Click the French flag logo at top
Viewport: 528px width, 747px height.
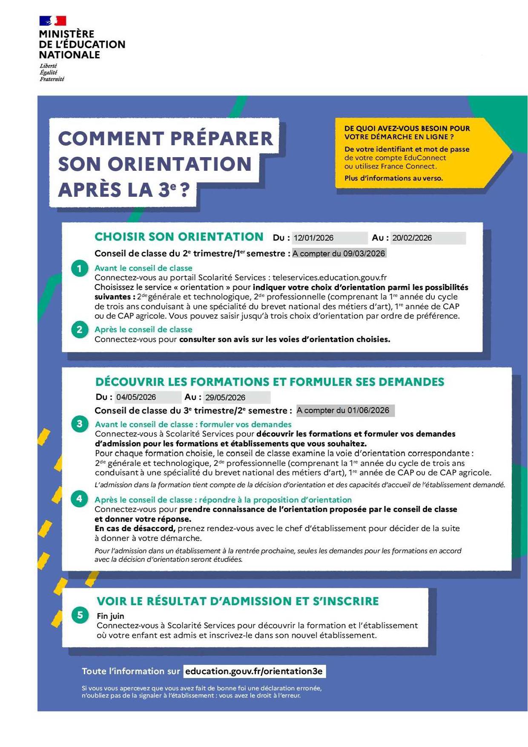coord(53,21)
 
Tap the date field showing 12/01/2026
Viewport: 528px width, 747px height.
coord(330,238)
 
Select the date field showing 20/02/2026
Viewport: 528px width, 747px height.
coord(428,238)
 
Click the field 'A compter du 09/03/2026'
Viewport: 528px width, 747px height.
coord(339,253)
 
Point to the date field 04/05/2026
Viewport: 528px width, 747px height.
coord(148,397)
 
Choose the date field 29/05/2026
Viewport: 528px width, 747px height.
coord(236,397)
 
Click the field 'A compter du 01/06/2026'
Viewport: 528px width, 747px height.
coord(345,410)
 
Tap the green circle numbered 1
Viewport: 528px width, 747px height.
coord(80,269)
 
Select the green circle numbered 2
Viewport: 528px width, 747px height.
coord(80,330)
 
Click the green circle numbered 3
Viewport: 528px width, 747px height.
coord(80,424)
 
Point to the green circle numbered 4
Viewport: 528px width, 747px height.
coord(80,499)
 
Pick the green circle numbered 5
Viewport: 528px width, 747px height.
coord(80,615)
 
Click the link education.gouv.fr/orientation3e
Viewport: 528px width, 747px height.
coord(254,671)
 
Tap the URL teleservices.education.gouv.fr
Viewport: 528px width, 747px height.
coord(330,278)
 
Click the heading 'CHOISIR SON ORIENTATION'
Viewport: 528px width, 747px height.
coord(179,237)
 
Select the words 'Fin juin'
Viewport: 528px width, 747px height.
coord(110,616)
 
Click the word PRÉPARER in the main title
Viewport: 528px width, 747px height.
coord(222,139)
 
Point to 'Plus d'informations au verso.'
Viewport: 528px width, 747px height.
coord(393,178)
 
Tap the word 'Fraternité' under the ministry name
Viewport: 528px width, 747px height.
coord(52,79)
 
